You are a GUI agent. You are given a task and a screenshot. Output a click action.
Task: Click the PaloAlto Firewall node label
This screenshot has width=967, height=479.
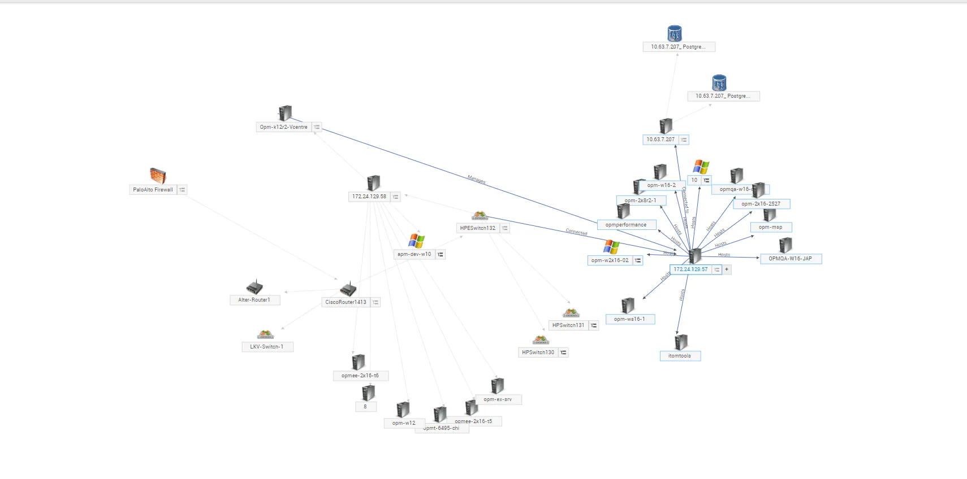pyautogui.click(x=153, y=190)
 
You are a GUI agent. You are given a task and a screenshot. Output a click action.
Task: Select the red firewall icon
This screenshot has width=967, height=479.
pyautogui.click(x=158, y=176)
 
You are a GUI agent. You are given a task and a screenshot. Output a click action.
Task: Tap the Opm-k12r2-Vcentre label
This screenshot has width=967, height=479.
pyautogui.click(x=283, y=127)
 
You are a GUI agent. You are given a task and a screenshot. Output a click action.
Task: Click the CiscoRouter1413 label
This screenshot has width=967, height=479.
pyautogui.click(x=346, y=302)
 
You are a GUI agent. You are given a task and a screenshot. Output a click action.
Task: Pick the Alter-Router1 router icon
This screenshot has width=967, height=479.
pyautogui.click(x=254, y=287)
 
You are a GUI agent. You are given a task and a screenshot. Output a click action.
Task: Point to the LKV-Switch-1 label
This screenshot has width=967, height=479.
pyautogui.click(x=267, y=347)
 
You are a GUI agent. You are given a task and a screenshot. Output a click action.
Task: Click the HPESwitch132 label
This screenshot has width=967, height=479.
pyautogui.click(x=477, y=228)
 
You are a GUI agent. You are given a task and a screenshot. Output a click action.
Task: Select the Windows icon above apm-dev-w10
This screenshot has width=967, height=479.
pyautogui.click(x=417, y=241)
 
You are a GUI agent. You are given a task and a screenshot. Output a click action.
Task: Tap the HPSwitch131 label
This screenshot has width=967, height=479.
pyautogui.click(x=568, y=325)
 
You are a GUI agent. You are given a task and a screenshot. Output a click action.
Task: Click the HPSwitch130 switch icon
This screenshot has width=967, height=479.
pyautogui.click(x=541, y=340)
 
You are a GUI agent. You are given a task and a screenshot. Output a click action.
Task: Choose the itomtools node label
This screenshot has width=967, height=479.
pyautogui.click(x=680, y=356)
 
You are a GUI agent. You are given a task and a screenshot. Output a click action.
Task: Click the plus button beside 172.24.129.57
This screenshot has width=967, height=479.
pyautogui.click(x=727, y=269)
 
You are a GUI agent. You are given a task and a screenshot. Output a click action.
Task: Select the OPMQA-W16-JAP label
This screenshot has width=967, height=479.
pyautogui.click(x=790, y=259)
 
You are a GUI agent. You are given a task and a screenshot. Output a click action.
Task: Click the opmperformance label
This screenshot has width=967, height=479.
pyautogui.click(x=625, y=225)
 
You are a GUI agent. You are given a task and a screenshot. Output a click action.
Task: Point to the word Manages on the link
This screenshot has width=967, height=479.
pyautogui.click(x=476, y=180)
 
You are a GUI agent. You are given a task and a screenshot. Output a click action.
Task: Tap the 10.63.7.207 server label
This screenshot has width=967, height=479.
pyautogui.click(x=661, y=140)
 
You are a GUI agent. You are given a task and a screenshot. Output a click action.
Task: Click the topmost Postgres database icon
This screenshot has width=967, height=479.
pyautogui.click(x=674, y=33)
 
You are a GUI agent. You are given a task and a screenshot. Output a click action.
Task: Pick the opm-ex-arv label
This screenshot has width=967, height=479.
pyautogui.click(x=498, y=399)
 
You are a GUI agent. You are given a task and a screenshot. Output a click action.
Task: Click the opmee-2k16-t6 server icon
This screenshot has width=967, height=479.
pyautogui.click(x=359, y=362)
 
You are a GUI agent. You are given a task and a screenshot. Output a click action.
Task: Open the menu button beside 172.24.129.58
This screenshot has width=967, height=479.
pyautogui.click(x=395, y=197)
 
